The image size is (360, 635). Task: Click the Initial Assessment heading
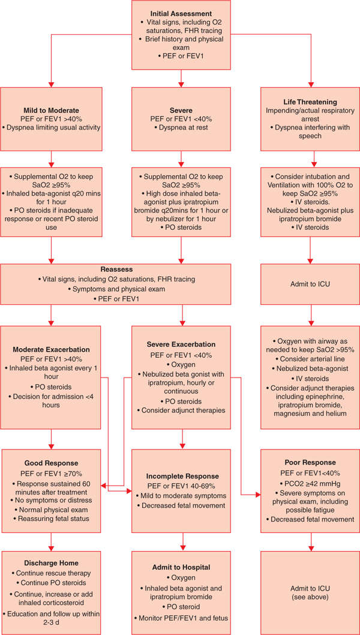pos(181,13)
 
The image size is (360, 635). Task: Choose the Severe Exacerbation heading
pos(181,344)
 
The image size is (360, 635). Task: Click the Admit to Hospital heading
pos(181,566)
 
